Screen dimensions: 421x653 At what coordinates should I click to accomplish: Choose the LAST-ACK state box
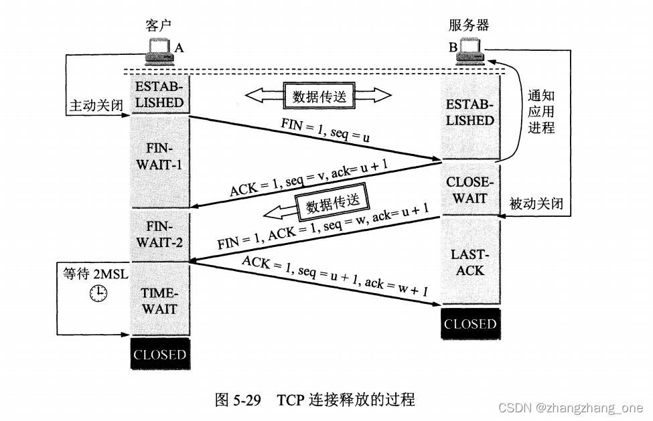(469, 262)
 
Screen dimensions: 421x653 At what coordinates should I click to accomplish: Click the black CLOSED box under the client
(159, 355)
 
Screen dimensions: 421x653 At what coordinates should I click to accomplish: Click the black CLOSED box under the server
(469, 324)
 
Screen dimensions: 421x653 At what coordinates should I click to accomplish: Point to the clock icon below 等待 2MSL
(98, 292)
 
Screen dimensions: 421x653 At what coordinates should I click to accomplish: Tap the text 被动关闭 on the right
(536, 203)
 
